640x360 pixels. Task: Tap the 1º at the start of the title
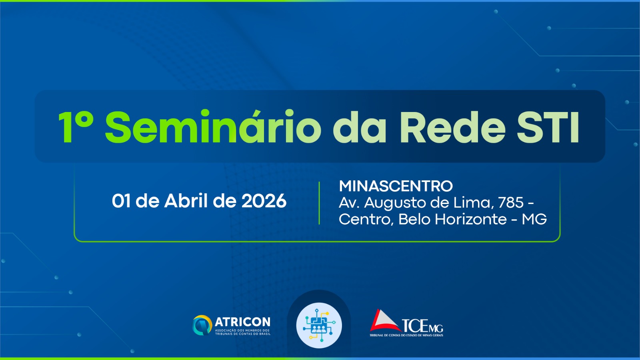pyautogui.click(x=76, y=126)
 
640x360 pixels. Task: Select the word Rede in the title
pyautogui.click(x=453, y=126)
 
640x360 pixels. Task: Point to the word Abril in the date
pyautogui.click(x=186, y=200)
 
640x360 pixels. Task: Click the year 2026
pyautogui.click(x=264, y=201)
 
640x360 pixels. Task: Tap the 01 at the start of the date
pyautogui.click(x=121, y=201)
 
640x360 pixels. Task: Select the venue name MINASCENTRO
pyautogui.click(x=396, y=186)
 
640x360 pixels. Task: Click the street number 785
pyautogui.click(x=511, y=202)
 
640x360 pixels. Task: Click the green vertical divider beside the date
pyautogui.click(x=319, y=203)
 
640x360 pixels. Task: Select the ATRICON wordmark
pyautogui.click(x=242, y=322)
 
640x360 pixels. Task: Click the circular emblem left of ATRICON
pyautogui.click(x=202, y=325)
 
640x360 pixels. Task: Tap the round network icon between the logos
pyautogui.click(x=319, y=326)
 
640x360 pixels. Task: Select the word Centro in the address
pyautogui.click(x=365, y=220)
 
